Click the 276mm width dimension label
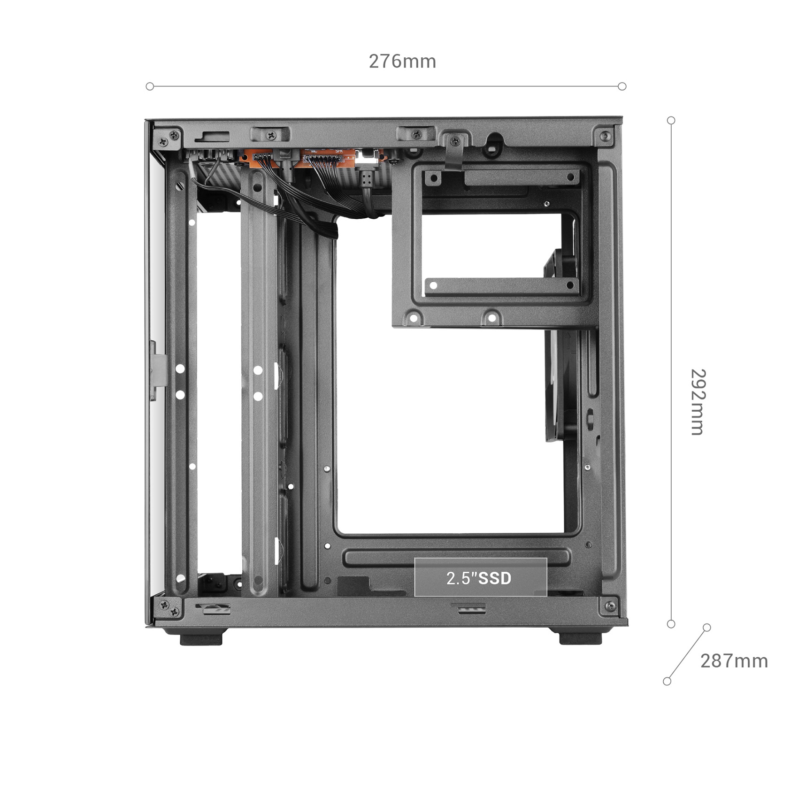tap(402, 61)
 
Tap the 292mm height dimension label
tap(698, 402)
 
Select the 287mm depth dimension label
tap(734, 661)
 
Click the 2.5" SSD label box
tap(481, 577)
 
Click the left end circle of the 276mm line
tap(150, 86)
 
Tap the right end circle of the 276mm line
tap(622, 86)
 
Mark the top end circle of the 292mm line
tap(671, 121)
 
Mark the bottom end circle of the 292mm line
tap(671, 624)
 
